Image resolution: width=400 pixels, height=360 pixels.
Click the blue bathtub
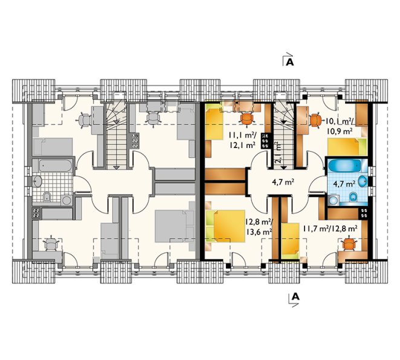[344, 166]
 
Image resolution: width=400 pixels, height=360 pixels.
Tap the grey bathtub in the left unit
[56, 166]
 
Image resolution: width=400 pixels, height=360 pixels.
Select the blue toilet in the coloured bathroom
[353, 196]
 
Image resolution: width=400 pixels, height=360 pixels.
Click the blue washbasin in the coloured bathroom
[363, 181]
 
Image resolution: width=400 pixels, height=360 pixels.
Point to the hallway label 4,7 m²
[283, 182]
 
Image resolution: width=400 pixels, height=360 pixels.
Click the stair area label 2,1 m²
[279, 152]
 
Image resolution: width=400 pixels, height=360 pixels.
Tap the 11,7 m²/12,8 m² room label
[330, 229]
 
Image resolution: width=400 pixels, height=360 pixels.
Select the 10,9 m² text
[340, 131]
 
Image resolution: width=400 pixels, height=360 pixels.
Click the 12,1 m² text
[243, 146]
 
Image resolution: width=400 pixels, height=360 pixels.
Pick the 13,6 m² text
[259, 231]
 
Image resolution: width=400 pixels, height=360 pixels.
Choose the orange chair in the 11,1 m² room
[247, 119]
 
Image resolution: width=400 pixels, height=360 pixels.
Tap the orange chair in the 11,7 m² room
[349, 244]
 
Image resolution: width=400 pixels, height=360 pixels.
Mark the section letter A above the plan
[290, 62]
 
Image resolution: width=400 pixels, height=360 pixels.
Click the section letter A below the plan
[295, 296]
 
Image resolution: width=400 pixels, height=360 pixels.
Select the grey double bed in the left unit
[175, 226]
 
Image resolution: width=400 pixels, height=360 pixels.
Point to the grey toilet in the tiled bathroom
[47, 196]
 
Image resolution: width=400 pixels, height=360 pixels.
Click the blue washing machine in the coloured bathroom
[333, 201]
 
